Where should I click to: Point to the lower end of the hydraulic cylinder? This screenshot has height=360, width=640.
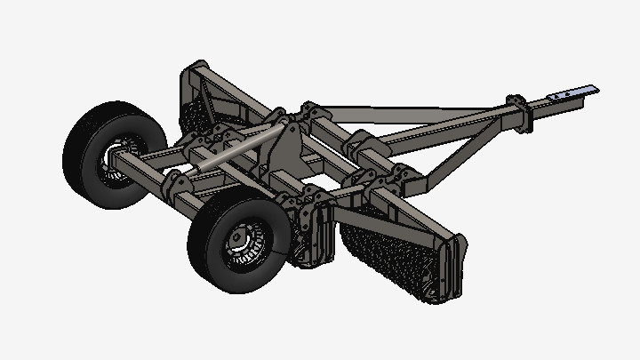201,164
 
